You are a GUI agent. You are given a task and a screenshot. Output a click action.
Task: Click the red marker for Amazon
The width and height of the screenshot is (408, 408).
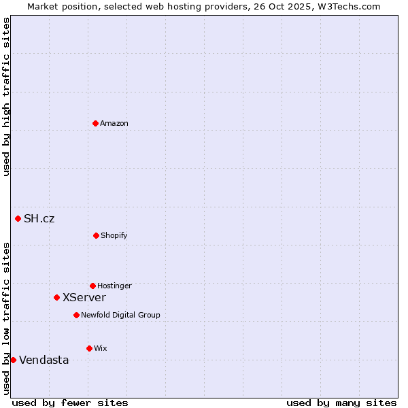[95, 123]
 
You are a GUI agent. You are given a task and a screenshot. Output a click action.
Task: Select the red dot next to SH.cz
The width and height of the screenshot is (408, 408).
[18, 218]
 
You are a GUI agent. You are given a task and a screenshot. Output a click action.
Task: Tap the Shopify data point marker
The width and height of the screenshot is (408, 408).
[96, 235]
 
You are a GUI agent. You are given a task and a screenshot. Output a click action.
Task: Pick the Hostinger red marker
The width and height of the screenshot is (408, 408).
[92, 286]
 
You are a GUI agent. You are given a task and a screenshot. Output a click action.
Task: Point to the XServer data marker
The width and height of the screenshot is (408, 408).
[56, 297]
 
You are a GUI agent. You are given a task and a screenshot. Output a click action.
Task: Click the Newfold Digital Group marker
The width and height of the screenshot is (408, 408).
[76, 315]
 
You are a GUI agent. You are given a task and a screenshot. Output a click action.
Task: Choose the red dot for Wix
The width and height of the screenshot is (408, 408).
[89, 348]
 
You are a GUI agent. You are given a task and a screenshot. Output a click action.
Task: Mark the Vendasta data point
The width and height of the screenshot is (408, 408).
[13, 360]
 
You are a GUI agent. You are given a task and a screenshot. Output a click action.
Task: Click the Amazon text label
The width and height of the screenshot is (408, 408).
[114, 123]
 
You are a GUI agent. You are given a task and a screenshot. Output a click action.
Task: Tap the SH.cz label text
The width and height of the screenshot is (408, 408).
[39, 218]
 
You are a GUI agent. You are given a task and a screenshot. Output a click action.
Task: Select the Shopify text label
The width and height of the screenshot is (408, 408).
[114, 235]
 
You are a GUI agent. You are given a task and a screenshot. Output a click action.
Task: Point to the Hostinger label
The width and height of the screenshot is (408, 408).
[114, 286]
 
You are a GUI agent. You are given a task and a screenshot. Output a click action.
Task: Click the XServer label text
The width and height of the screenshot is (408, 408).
[84, 297]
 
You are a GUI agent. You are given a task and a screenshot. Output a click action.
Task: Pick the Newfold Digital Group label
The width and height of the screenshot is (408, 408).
[120, 315]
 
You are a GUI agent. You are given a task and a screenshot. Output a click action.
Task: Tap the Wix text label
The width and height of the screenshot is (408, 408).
[101, 348]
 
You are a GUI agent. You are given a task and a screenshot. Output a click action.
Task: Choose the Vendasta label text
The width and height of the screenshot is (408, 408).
[44, 360]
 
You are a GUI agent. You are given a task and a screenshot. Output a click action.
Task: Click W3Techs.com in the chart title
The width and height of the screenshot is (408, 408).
[352, 6]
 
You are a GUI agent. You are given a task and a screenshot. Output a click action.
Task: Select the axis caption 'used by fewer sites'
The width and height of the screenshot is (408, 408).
[70, 403]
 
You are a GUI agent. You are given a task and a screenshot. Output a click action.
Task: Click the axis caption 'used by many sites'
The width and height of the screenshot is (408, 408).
[341, 403]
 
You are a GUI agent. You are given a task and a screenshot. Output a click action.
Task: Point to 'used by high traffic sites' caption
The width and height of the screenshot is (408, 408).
[6, 97]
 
